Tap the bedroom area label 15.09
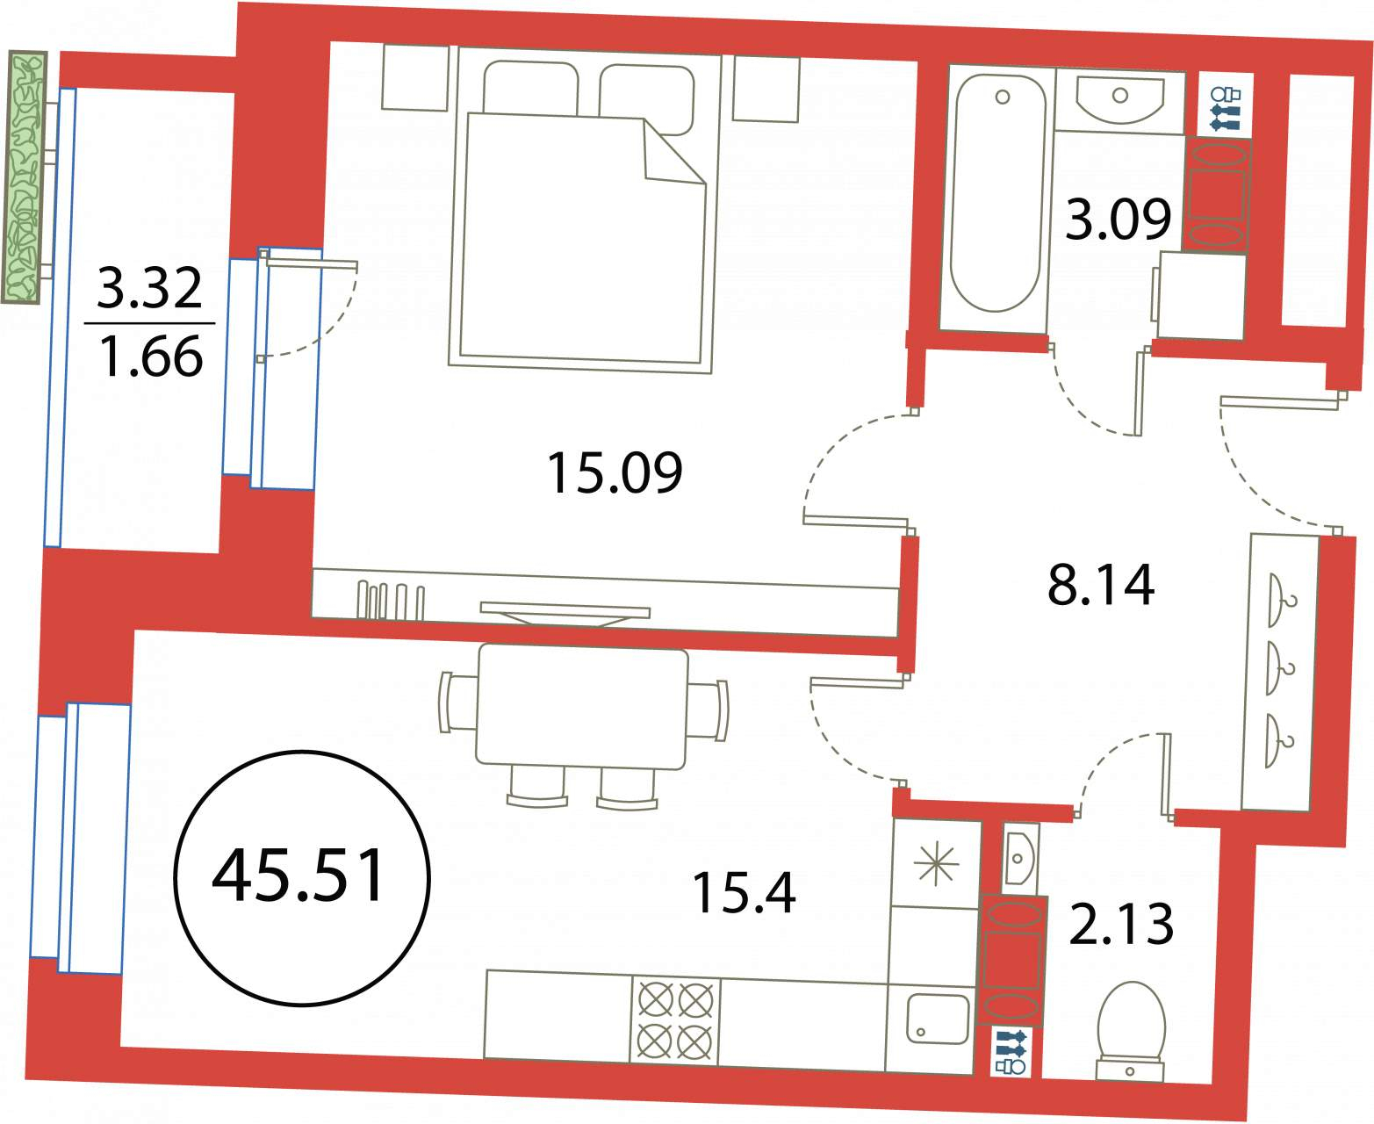[x=615, y=473]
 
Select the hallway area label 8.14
[x=1100, y=585]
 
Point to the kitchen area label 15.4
[x=744, y=893]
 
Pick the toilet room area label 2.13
[x=1120, y=925]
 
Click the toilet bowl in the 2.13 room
[x=1130, y=1032]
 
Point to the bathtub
[x=994, y=193]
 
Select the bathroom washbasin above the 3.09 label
[x=1120, y=101]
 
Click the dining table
[x=581, y=706]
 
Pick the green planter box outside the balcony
[x=25, y=177]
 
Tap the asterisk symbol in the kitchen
[x=936, y=865]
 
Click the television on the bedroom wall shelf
[x=565, y=614]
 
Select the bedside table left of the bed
[x=415, y=77]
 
